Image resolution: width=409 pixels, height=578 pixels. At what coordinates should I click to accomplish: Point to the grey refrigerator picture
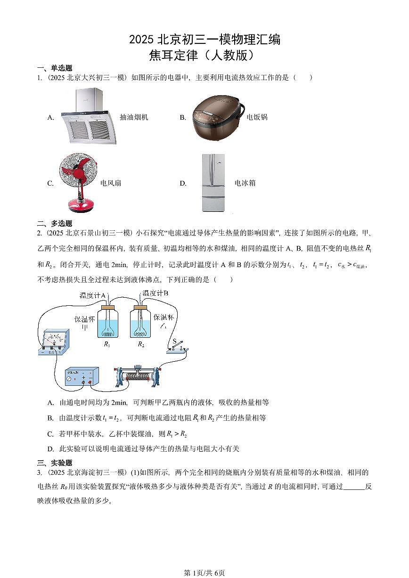click(x=213, y=183)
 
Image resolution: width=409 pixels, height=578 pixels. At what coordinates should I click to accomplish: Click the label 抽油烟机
click(x=134, y=117)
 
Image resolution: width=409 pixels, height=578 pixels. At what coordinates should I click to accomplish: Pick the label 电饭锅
click(x=257, y=117)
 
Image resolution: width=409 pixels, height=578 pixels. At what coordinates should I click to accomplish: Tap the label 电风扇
click(x=111, y=183)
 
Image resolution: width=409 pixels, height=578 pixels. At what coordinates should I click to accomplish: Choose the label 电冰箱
click(x=245, y=183)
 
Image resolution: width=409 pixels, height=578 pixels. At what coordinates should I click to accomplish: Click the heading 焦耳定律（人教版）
click(x=204, y=56)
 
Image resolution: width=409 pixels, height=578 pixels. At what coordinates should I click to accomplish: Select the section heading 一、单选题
click(x=55, y=68)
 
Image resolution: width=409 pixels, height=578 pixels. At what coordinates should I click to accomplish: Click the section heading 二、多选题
click(x=55, y=223)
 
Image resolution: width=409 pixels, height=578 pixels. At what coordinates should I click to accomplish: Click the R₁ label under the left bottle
click(x=107, y=344)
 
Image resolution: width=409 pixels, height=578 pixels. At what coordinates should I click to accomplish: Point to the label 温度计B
click(x=155, y=293)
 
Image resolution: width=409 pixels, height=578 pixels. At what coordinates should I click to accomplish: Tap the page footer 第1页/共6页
click(x=204, y=573)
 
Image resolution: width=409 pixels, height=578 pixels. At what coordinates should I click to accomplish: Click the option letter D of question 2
click(x=50, y=449)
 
